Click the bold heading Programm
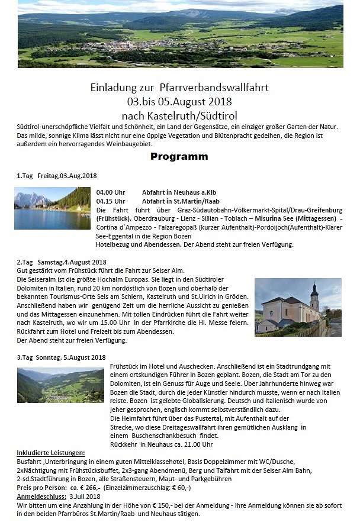click(x=179, y=157)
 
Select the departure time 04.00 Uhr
click(x=111, y=192)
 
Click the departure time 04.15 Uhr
click(x=111, y=201)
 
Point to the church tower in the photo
click(x=314, y=295)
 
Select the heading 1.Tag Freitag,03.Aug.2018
click(x=57, y=176)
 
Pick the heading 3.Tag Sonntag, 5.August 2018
click(x=61, y=357)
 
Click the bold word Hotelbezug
click(x=115, y=244)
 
